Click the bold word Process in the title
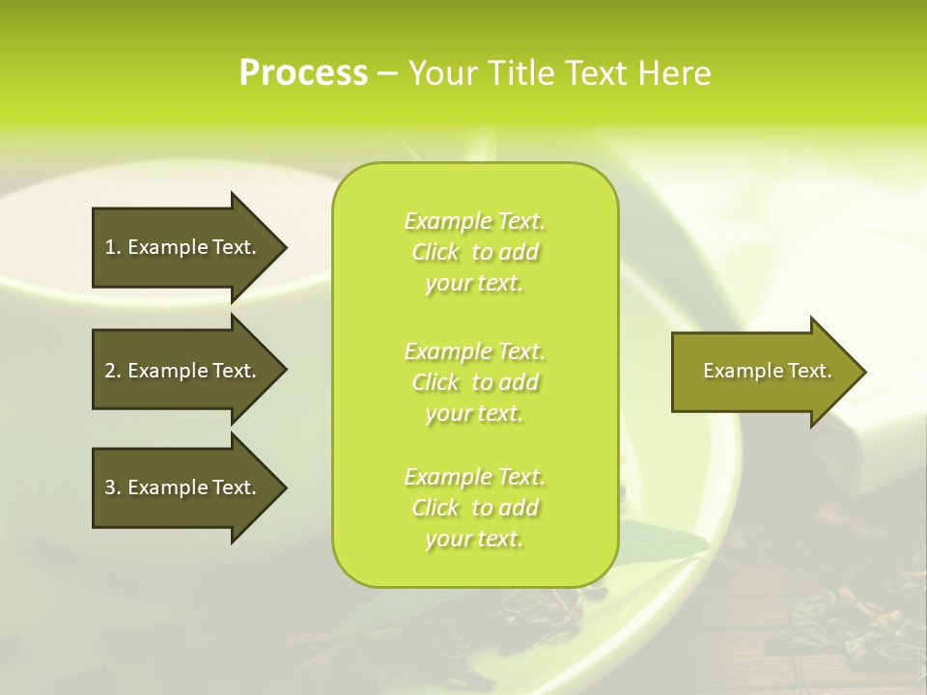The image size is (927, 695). click(303, 72)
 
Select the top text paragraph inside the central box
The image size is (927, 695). click(474, 252)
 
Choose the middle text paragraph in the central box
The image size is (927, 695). click(474, 382)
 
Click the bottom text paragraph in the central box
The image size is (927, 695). click(474, 508)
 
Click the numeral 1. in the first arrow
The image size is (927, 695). click(113, 247)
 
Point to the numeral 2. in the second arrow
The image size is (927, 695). click(113, 371)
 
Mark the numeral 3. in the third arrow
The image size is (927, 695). click(113, 487)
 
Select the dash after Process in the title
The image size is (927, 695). click(387, 74)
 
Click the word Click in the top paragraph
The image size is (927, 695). click(435, 252)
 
